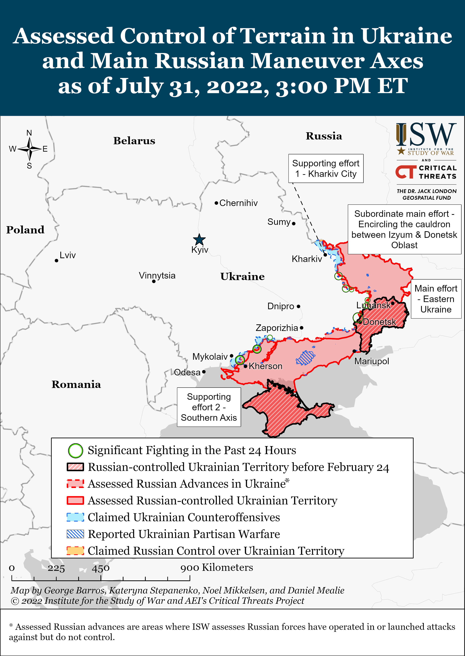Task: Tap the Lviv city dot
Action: [56, 260]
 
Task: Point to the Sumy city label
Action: [279, 222]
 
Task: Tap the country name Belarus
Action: [134, 141]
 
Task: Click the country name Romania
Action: [76, 384]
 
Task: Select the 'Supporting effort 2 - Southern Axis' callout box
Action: [209, 407]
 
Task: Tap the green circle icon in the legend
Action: [75, 451]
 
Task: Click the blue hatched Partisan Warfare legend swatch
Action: [75, 534]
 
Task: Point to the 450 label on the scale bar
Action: [100, 568]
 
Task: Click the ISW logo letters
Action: [426, 134]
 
